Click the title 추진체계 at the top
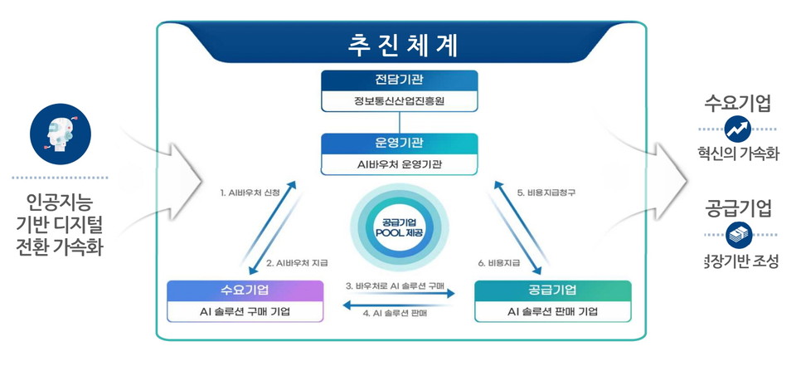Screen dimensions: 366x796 click(401, 44)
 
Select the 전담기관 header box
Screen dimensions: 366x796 click(400, 81)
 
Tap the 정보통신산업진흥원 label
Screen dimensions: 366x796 click(400, 102)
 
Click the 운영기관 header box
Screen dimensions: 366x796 click(400, 143)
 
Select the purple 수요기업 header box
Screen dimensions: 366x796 click(244, 290)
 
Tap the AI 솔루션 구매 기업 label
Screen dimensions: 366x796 click(244, 312)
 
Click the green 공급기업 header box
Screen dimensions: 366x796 click(552, 290)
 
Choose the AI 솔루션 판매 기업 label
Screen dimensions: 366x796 click(552, 312)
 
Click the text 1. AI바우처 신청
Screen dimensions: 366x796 click(249, 193)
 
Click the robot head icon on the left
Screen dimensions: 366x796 click(61, 134)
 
